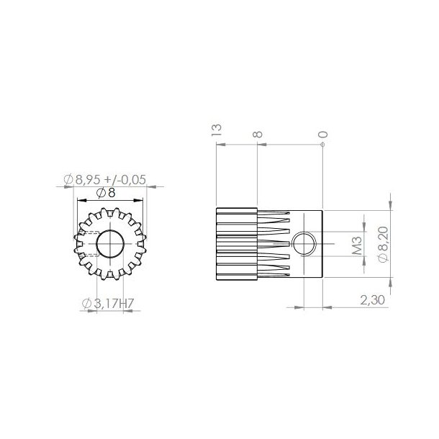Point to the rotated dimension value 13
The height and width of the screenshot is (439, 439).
(216, 129)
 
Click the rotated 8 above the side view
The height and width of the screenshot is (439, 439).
(258, 133)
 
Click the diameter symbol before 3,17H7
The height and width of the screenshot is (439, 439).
(87, 304)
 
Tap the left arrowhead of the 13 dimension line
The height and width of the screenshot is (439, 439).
(219, 144)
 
